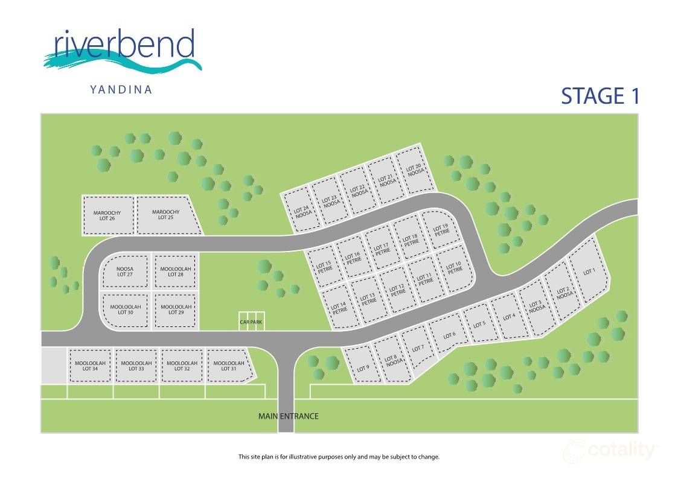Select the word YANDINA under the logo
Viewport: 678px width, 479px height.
121,90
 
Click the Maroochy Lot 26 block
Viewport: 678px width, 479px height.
107,215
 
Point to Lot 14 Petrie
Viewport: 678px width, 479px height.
339,308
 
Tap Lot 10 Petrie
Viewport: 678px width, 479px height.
454,267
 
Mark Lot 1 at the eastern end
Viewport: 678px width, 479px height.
589,272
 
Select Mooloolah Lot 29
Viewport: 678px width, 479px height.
176,310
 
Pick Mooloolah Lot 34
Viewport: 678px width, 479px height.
90,366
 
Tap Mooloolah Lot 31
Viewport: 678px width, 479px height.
229,366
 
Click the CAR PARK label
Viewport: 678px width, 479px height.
252,322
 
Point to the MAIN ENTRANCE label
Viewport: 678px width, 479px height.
288,416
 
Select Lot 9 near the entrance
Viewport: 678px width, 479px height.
362,368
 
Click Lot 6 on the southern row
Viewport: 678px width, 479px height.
449,336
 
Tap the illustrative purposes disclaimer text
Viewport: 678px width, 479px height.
339,457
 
